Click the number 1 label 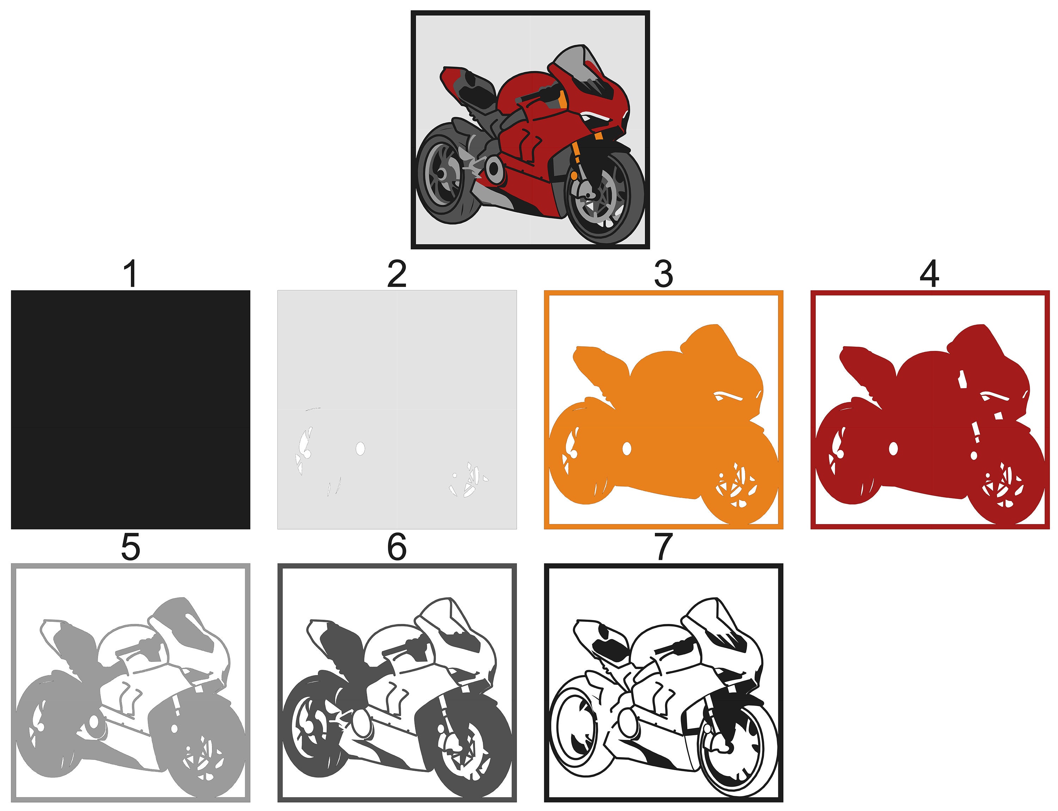coord(130,274)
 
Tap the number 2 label coord(397,274)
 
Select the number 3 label coord(663,274)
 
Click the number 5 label coord(130,547)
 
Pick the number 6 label coord(397,547)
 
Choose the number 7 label coord(663,547)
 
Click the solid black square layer coord(130,409)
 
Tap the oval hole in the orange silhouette coord(627,448)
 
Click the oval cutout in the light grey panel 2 coord(360,448)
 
